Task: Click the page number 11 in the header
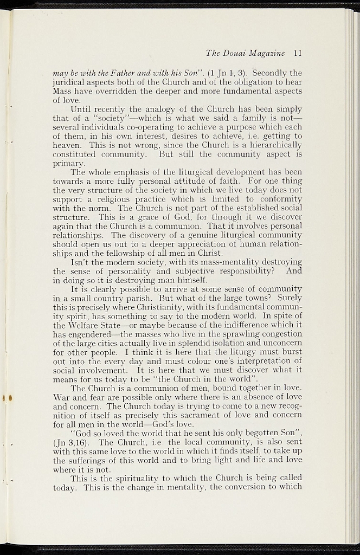[297, 53]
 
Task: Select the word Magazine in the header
[268, 53]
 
